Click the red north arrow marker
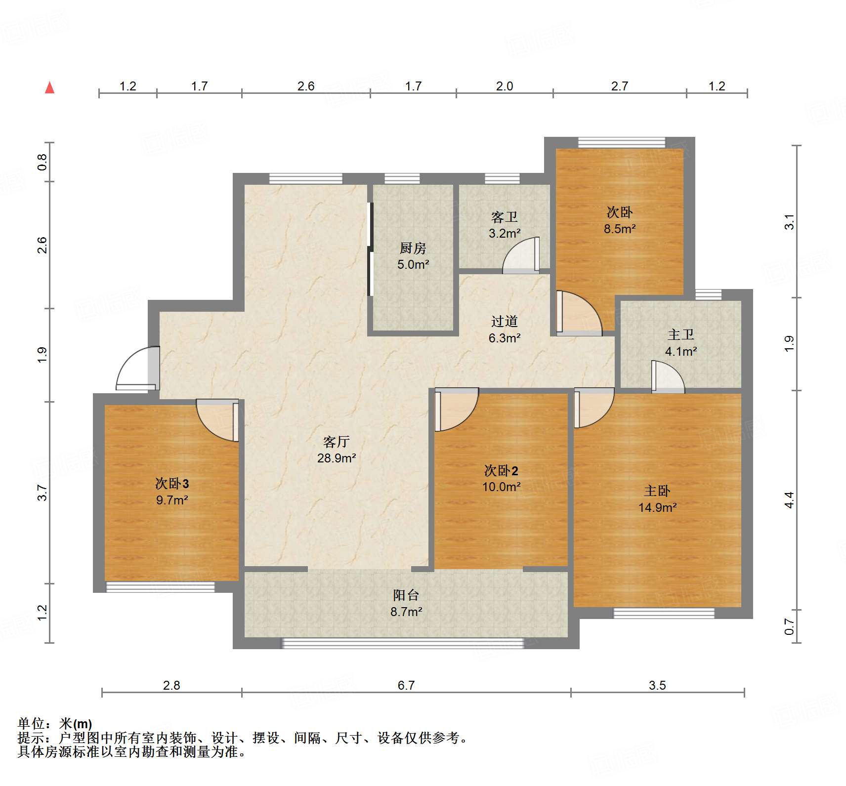pyautogui.click(x=49, y=88)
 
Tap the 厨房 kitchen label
pyautogui.click(x=413, y=248)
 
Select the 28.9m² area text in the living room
pyautogui.click(x=337, y=458)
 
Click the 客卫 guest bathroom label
pyautogui.click(x=504, y=217)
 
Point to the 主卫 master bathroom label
pyautogui.click(x=680, y=335)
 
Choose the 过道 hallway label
pyautogui.click(x=504, y=322)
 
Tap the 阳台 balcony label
pyautogui.click(x=406, y=595)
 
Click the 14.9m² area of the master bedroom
pyautogui.click(x=657, y=507)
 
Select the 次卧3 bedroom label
pyautogui.click(x=172, y=483)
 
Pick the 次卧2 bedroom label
pyautogui.click(x=501, y=470)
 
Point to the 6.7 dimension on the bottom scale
pyautogui.click(x=406, y=685)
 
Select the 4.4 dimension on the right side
pyautogui.click(x=789, y=500)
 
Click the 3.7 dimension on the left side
pyautogui.click(x=42, y=493)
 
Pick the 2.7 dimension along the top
pyautogui.click(x=619, y=86)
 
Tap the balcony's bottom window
pyautogui.click(x=402, y=643)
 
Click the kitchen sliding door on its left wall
pyautogui.click(x=370, y=249)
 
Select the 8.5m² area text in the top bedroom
pyautogui.click(x=619, y=229)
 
